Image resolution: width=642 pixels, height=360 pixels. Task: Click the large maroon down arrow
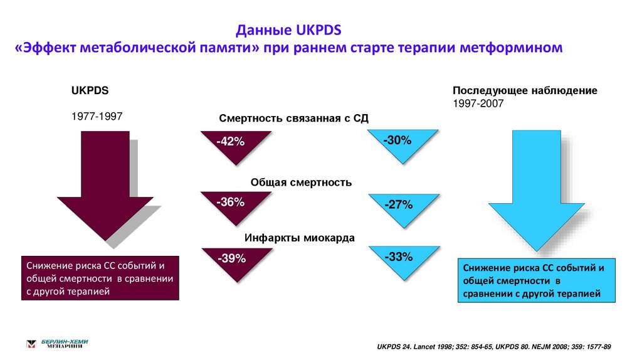[105, 188]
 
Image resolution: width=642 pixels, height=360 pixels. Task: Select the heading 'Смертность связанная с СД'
[294, 119]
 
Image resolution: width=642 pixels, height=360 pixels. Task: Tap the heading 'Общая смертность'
[301, 183]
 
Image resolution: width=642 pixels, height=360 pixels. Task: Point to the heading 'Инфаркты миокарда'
[299, 238]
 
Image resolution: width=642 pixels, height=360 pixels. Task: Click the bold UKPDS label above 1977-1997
[90, 91]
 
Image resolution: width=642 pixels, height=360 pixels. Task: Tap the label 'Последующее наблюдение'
[525, 91]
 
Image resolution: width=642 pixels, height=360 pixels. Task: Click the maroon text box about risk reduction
[100, 278]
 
